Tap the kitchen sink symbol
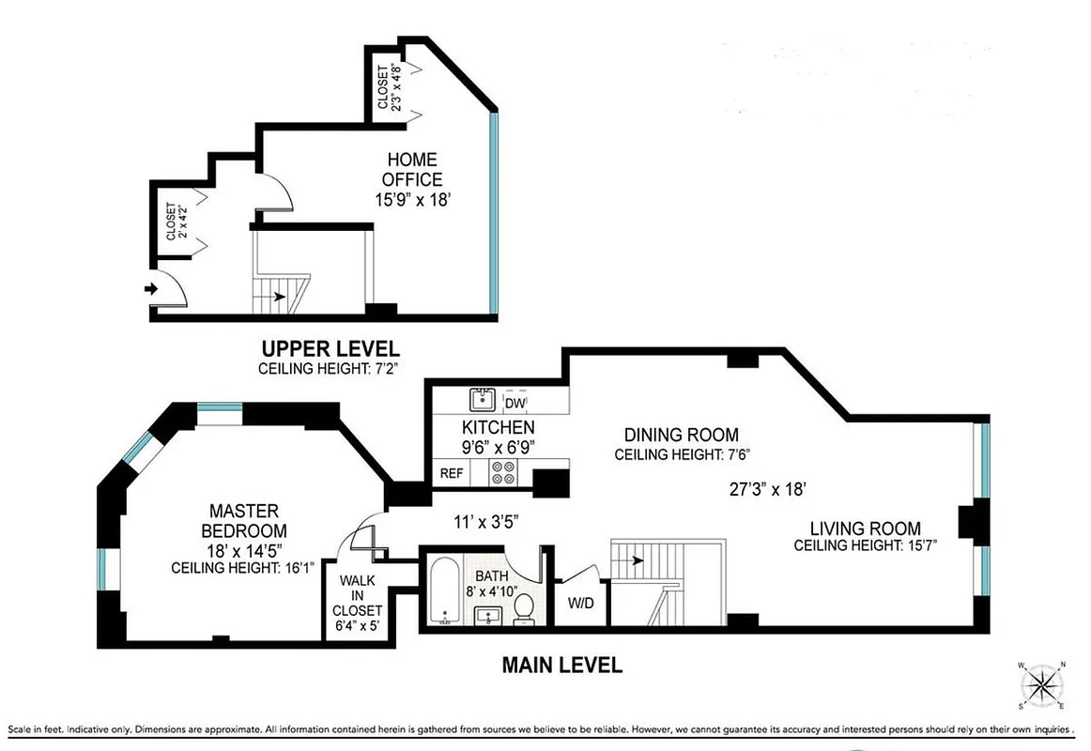click(483, 401)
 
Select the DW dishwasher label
click(515, 404)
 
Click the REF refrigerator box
click(452, 473)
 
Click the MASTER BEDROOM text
click(243, 520)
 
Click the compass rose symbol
click(1040, 682)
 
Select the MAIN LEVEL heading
click(561, 666)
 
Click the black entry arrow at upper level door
click(151, 289)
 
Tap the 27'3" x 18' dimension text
click(769, 489)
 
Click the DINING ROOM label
click(682, 435)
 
